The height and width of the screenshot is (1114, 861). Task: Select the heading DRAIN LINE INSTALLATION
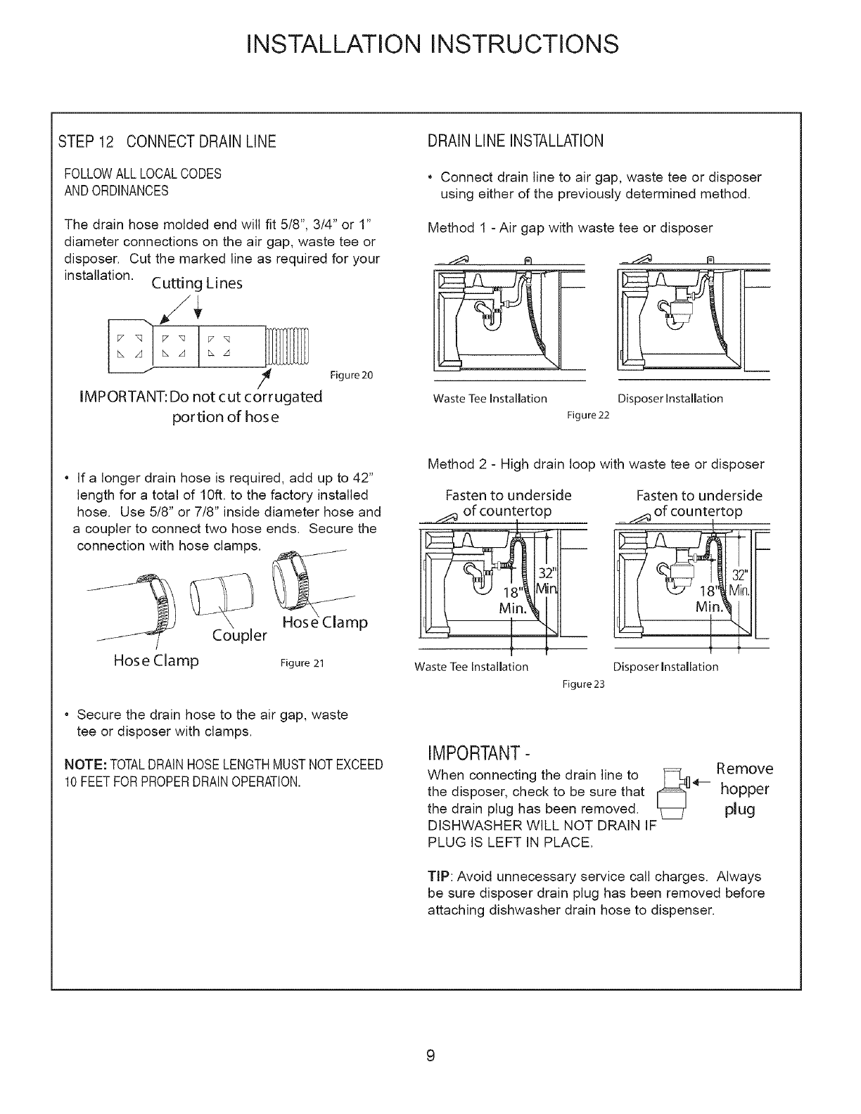(516, 141)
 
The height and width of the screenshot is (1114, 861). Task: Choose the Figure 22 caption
(587, 415)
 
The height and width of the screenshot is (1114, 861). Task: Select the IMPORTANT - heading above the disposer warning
(480, 755)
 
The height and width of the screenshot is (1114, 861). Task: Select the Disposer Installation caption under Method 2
(665, 667)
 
